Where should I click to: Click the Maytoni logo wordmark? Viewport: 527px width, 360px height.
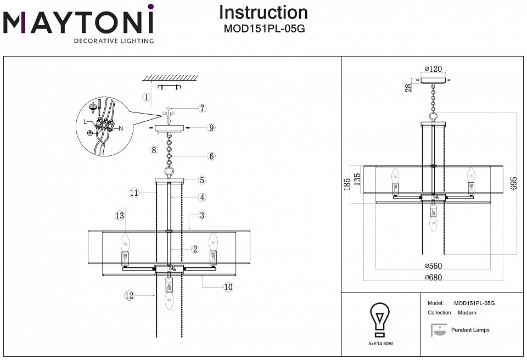tap(79, 23)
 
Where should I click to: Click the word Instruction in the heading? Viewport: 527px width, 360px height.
tap(263, 13)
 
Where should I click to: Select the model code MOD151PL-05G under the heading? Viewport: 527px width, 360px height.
tap(263, 30)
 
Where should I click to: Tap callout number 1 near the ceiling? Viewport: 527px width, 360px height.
tap(146, 98)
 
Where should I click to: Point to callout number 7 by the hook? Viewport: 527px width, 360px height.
tap(202, 109)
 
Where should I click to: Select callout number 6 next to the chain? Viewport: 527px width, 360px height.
tap(211, 156)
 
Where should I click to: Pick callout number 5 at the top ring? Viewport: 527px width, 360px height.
tap(202, 179)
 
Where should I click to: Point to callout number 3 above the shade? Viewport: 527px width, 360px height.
tap(202, 215)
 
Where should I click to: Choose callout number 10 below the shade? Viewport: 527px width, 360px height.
tap(228, 286)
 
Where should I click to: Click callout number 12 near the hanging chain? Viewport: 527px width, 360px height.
tap(130, 295)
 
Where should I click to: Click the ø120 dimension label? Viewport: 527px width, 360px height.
tap(433, 69)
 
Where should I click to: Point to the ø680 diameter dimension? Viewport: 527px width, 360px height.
tap(433, 277)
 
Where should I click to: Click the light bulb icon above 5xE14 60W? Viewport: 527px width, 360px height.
tap(379, 319)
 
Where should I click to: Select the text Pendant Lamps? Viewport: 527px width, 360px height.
tap(470, 330)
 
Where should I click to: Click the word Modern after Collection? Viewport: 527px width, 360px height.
tap(467, 313)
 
